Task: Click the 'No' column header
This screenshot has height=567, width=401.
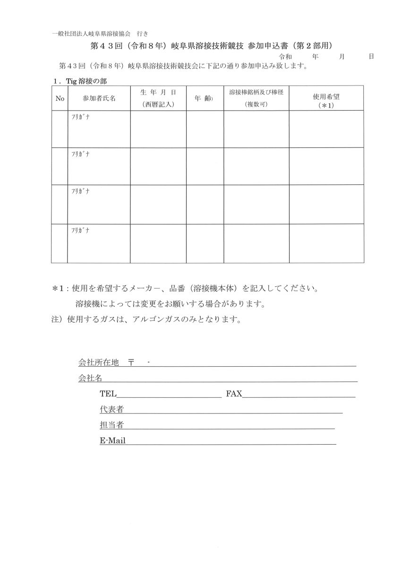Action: coord(59,98)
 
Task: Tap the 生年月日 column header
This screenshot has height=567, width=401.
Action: coord(158,98)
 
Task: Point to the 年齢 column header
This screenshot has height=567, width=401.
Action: coord(205,98)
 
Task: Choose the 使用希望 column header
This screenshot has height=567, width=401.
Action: coord(326,98)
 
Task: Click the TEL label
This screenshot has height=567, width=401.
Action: coord(108,394)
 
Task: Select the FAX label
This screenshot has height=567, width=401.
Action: coord(234,394)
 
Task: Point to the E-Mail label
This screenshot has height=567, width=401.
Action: coord(112,441)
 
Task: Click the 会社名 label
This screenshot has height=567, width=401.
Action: coord(90,378)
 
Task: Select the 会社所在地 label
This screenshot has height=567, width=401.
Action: coord(98,362)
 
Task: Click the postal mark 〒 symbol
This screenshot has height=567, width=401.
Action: coord(131,362)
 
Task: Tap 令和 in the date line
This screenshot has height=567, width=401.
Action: coord(285,56)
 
